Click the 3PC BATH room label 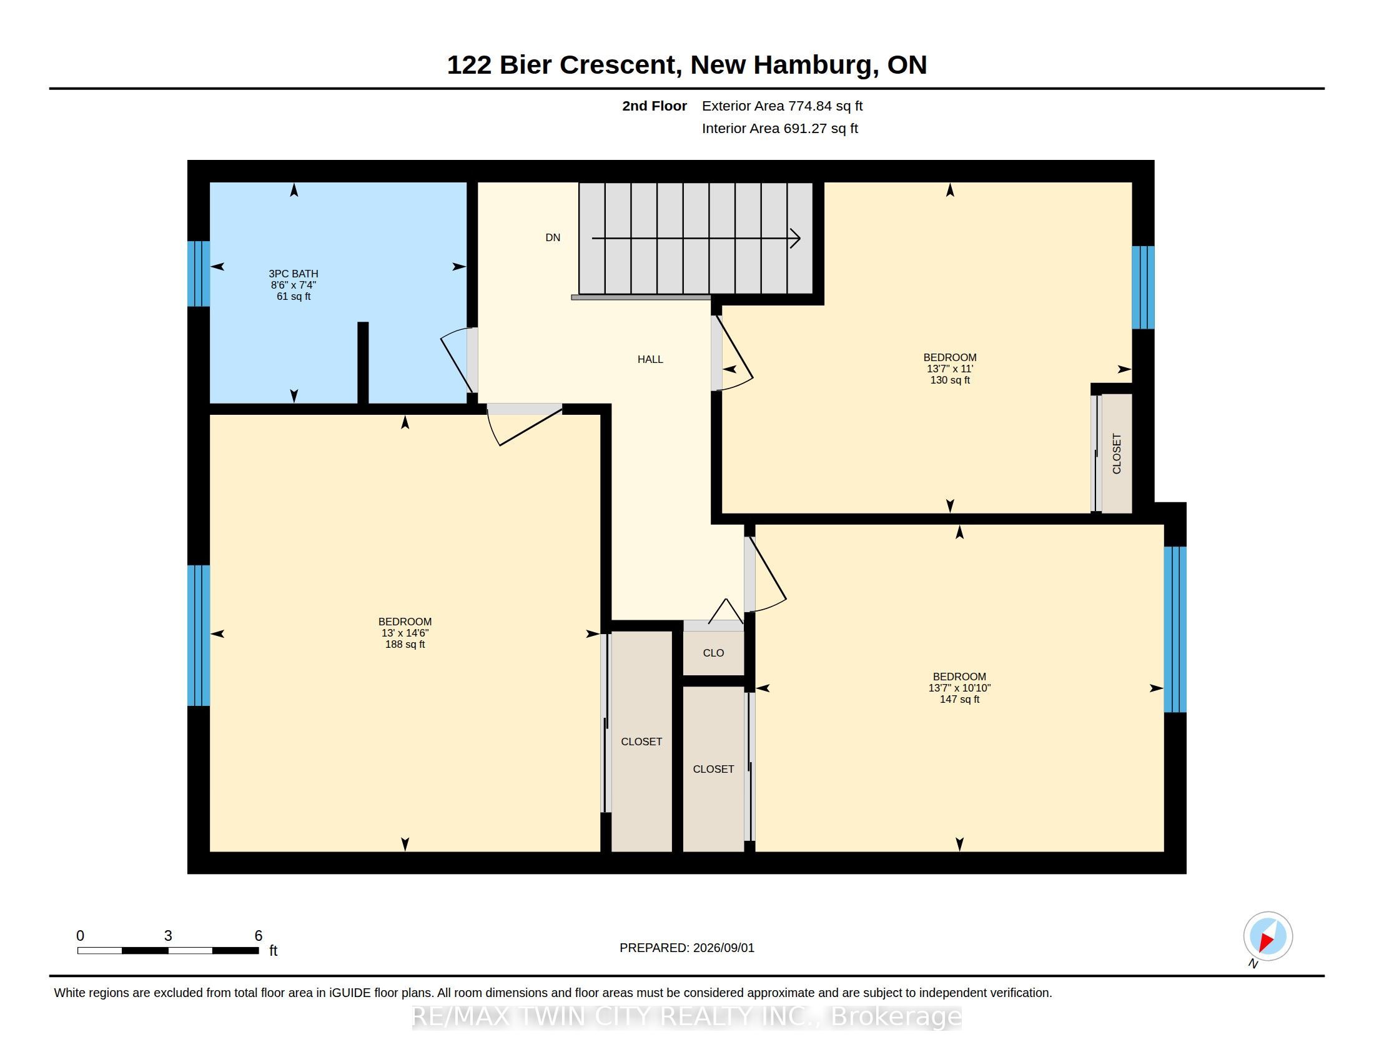[x=293, y=274]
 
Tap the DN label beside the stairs [x=552, y=238]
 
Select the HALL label [x=650, y=359]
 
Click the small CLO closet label [x=713, y=653]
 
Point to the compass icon [x=1268, y=936]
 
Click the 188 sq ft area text [x=405, y=644]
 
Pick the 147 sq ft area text [x=959, y=699]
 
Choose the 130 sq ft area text [x=950, y=380]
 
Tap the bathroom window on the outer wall [x=199, y=274]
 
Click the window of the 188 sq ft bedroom [x=199, y=635]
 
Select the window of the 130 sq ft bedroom [x=1143, y=287]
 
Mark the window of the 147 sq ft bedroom [x=1175, y=629]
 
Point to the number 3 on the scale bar [x=168, y=936]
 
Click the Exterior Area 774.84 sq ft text [x=782, y=106]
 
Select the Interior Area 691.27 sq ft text [x=779, y=128]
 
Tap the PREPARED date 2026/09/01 [x=723, y=948]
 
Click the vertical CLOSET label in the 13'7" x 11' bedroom [x=1117, y=454]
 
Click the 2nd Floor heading [x=655, y=106]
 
